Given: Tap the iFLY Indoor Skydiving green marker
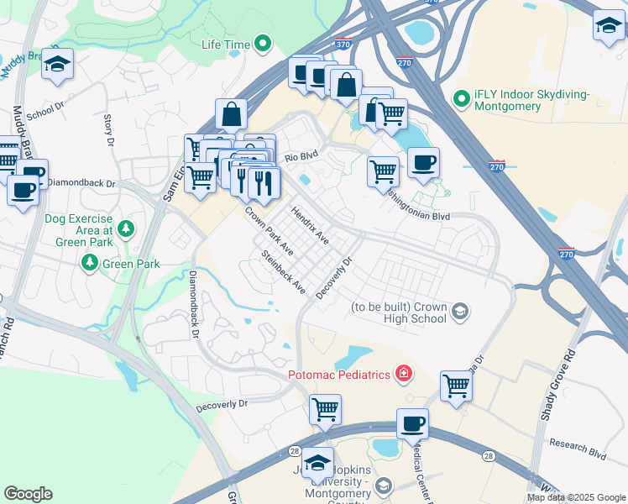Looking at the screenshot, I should coord(461,99).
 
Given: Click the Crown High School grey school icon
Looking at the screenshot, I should coord(459,312).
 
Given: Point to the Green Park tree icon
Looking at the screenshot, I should coord(89,264).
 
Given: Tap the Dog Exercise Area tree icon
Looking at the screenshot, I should coord(125,228).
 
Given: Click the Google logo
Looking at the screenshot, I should coord(28,494).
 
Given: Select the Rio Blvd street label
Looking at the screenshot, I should coord(302,157).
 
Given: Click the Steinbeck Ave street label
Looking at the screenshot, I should coord(283,271).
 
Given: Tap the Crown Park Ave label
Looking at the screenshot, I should coord(269,231).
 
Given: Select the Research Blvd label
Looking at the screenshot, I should coord(577,448).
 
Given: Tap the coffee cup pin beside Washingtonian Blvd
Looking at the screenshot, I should coord(423,163).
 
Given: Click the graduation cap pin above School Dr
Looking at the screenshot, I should coord(57,64).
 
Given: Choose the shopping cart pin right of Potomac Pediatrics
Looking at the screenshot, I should coord(456,386).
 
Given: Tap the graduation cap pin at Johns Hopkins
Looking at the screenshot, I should coord(317,463).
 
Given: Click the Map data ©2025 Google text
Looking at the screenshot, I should coord(576,497).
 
